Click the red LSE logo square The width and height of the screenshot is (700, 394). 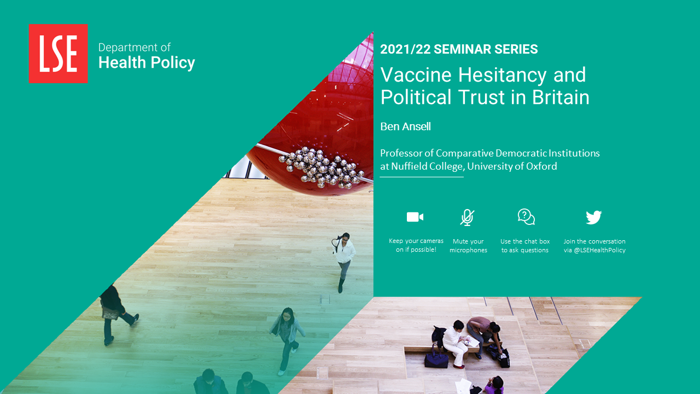58,54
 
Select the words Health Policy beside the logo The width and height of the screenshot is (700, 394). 147,63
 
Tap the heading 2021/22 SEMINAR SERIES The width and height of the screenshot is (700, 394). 459,49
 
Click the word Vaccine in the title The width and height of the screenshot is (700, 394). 416,75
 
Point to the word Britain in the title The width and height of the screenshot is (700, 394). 561,97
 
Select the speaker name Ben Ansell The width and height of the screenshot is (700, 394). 405,126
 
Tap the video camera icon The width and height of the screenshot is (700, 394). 415,217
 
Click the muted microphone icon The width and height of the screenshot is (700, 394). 467,217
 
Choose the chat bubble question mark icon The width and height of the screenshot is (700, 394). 526,217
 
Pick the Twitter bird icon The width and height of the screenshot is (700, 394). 594,217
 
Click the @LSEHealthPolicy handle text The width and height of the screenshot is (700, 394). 600,250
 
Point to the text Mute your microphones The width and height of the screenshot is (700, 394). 468,246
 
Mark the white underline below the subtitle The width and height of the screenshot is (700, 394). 422,177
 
